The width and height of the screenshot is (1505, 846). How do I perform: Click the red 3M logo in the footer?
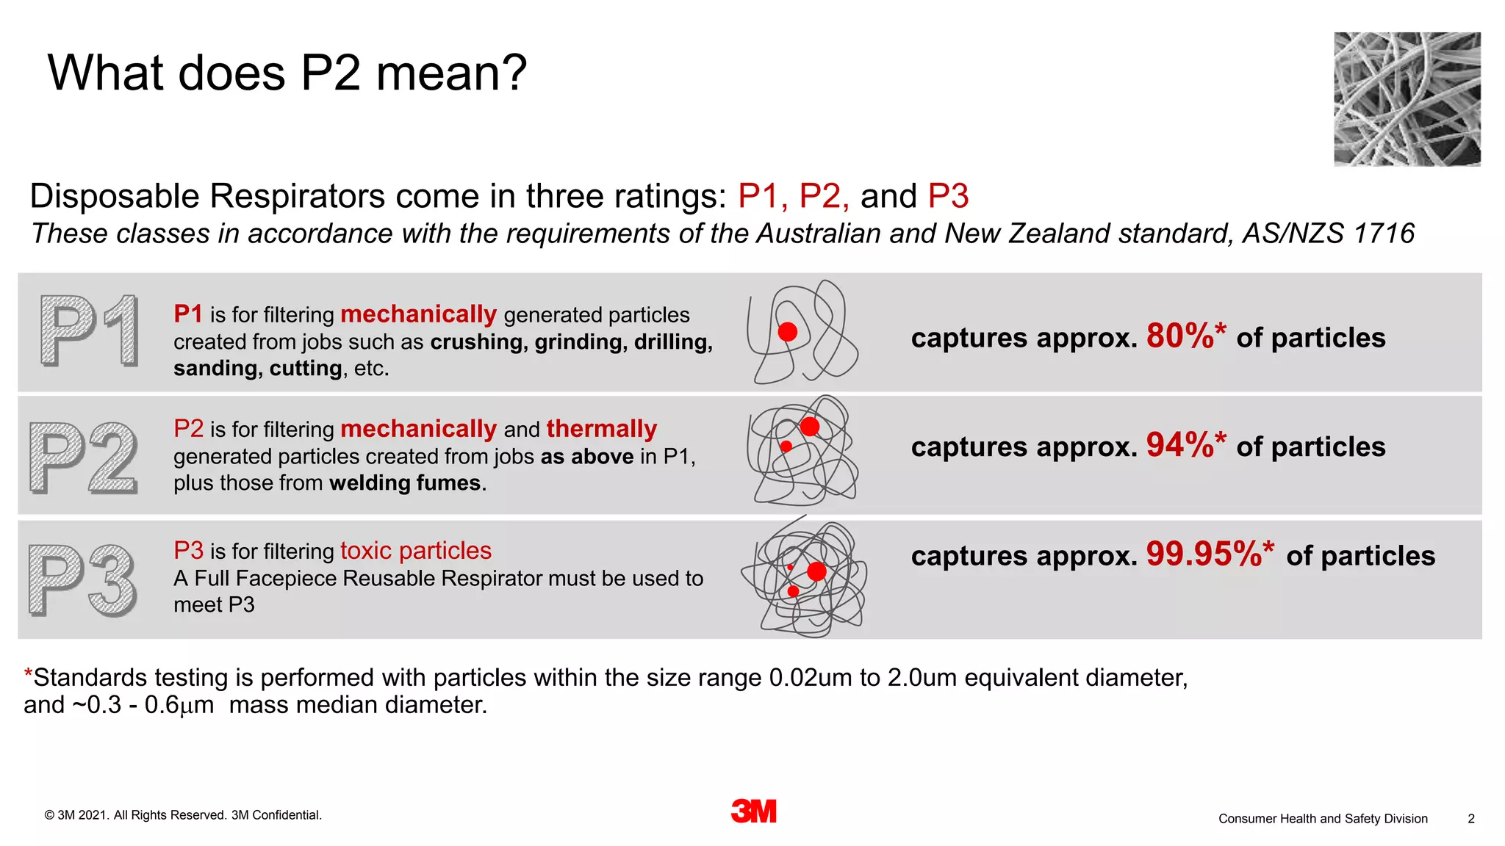[x=753, y=811]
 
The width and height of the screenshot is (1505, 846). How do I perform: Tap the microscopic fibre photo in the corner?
[x=1407, y=99]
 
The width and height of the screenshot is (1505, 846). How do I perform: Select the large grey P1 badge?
[x=89, y=330]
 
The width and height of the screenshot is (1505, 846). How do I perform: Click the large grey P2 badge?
[x=84, y=457]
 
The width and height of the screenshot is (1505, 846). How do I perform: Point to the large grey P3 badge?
[x=82, y=580]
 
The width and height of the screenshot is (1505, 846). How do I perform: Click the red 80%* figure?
[x=1185, y=336]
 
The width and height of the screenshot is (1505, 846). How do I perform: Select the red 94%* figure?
[x=1185, y=445]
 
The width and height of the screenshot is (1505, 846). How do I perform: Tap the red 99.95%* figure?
[x=1210, y=554]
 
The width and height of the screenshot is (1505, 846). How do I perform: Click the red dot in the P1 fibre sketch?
[x=788, y=332]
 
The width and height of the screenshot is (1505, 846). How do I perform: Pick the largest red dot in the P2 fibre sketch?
[x=810, y=427]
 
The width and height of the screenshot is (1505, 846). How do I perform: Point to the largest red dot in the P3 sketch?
[x=816, y=571]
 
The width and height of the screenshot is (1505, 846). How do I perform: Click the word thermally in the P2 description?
[x=601, y=429]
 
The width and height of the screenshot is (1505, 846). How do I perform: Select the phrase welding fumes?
[x=407, y=483]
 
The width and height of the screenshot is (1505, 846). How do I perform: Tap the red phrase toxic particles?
[x=415, y=551]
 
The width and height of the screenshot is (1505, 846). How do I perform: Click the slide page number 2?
[x=1471, y=818]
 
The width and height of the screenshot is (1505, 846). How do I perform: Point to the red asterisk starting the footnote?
[x=28, y=673]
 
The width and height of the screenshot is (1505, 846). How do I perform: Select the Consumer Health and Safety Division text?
[x=1323, y=818]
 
